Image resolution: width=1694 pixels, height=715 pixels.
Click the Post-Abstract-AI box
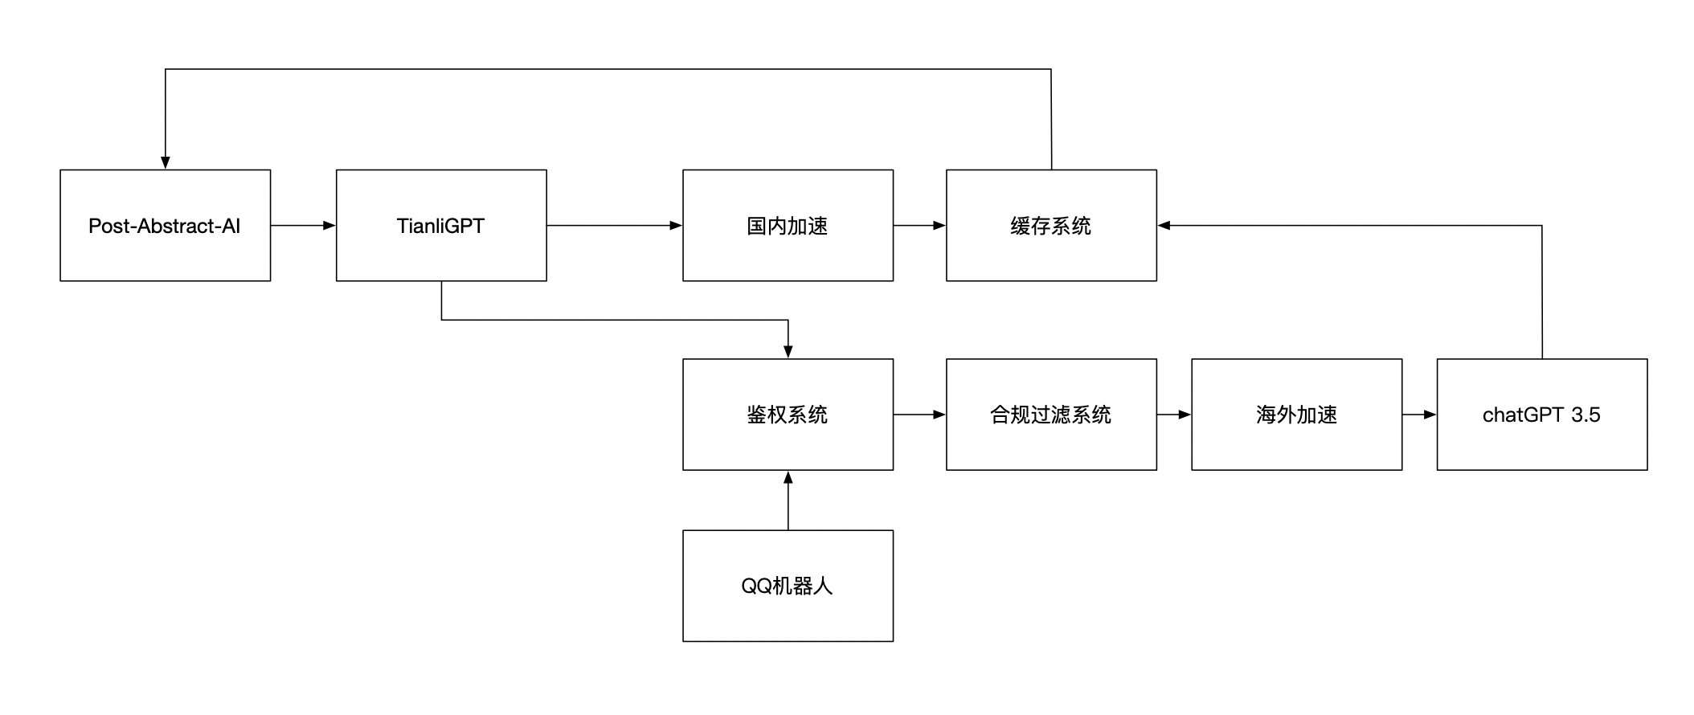165,226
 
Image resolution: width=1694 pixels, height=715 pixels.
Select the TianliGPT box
441,226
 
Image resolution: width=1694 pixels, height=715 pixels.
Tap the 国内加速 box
788,226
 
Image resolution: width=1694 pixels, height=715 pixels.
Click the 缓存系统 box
1051,226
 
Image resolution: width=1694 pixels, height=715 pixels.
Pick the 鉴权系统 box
788,415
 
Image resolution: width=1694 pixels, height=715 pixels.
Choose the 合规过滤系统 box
1051,415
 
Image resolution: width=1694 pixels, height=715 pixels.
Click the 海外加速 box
1296,415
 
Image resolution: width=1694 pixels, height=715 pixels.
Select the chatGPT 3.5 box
1541,415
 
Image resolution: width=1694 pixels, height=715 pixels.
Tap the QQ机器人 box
788,586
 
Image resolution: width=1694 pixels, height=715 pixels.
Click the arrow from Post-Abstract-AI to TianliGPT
303,226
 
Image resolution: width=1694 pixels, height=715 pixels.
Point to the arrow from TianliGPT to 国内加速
614,226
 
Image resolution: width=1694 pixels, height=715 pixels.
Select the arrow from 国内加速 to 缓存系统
919,226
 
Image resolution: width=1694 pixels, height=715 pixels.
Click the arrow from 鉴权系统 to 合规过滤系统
919,415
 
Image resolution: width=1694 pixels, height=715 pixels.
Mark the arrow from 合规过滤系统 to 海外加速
1173,415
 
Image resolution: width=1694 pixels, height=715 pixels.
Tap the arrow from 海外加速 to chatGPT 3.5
1419,415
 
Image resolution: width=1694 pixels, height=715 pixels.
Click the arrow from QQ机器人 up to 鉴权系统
788,500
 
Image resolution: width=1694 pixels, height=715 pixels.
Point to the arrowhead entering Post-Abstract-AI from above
166,162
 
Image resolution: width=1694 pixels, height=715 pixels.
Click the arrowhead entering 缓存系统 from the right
1164,226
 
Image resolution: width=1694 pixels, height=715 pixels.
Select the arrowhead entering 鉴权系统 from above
788,351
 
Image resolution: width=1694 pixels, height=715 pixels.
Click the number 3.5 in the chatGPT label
1586,415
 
